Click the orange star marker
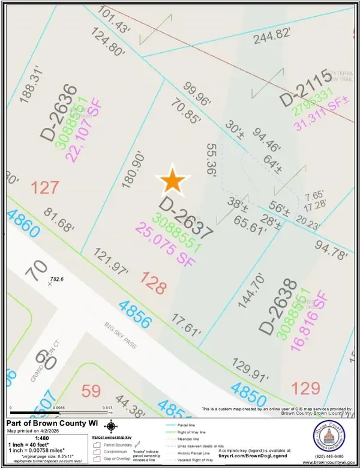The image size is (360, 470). (173, 180)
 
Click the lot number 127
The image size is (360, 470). (45, 188)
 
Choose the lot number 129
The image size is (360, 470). (306, 388)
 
